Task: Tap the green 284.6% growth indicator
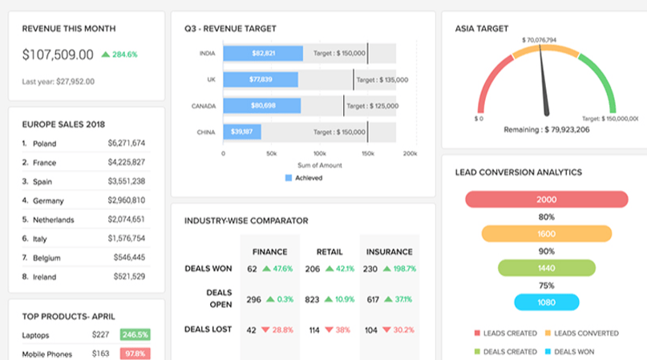[119, 55]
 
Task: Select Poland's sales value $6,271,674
[127, 144]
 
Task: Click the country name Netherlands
[53, 219]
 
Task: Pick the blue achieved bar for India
[263, 53]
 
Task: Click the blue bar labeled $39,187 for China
[241, 131]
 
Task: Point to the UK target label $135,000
[382, 79]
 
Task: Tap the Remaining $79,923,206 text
[547, 128]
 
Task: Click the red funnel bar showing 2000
[545, 200]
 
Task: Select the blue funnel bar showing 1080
[545, 302]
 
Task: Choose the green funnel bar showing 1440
[545, 268]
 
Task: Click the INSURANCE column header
[389, 252]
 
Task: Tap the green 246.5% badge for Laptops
[134, 335]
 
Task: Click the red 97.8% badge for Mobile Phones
[134, 354]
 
